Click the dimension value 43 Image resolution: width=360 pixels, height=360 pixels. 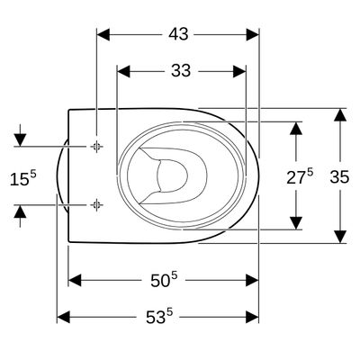(178, 34)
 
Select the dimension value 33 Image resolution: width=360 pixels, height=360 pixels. (181, 71)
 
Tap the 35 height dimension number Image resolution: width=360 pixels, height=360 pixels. (339, 176)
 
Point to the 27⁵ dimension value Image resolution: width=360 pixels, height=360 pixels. (300, 177)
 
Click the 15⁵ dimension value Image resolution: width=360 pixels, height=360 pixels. (23, 178)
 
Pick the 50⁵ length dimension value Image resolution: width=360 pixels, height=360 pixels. (164, 280)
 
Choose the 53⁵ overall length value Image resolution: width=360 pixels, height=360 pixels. (159, 317)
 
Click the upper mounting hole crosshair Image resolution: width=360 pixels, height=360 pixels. (96, 147)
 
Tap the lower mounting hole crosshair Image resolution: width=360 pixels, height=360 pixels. (96, 205)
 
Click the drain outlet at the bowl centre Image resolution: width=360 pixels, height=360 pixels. (172, 175)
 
